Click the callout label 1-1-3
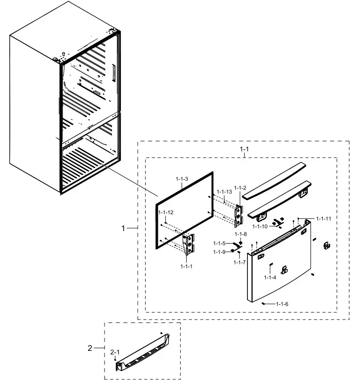pos(182,180)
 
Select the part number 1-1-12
pos(166,212)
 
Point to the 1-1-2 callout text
pos(240,188)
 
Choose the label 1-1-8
pos(240,234)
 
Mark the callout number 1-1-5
pos(219,243)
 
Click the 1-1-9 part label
pos(219,252)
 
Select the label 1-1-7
pos(240,263)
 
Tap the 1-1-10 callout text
pos(260,227)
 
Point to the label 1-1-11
pos(324,218)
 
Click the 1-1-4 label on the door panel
pos(270,278)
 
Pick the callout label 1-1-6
pos(282,304)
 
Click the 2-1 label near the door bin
pos(115,353)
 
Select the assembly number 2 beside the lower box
pos(90,348)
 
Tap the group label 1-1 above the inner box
pos(244,149)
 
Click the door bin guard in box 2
pos(142,352)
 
